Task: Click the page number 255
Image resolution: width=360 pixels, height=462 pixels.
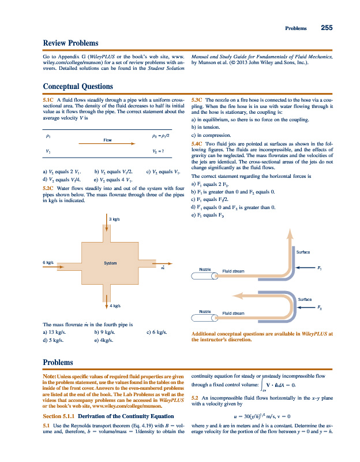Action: tap(326, 28)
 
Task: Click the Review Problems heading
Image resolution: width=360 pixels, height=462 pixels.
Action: tap(70, 43)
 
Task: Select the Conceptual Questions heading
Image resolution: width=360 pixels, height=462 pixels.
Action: tap(78, 86)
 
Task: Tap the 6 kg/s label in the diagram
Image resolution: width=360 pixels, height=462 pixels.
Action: tap(49, 263)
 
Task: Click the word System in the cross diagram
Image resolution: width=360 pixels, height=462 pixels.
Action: tap(110, 263)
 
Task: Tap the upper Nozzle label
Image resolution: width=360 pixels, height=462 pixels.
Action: tap(205, 270)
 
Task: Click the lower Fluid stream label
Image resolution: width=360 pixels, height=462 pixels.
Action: tap(233, 313)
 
